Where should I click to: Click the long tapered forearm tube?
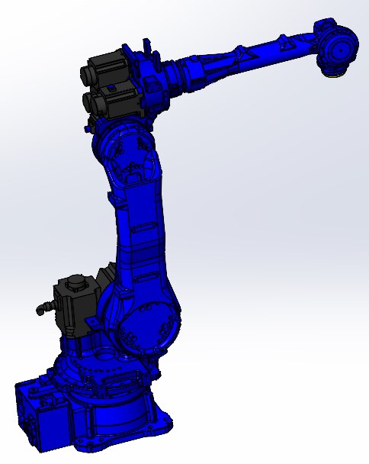244,61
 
